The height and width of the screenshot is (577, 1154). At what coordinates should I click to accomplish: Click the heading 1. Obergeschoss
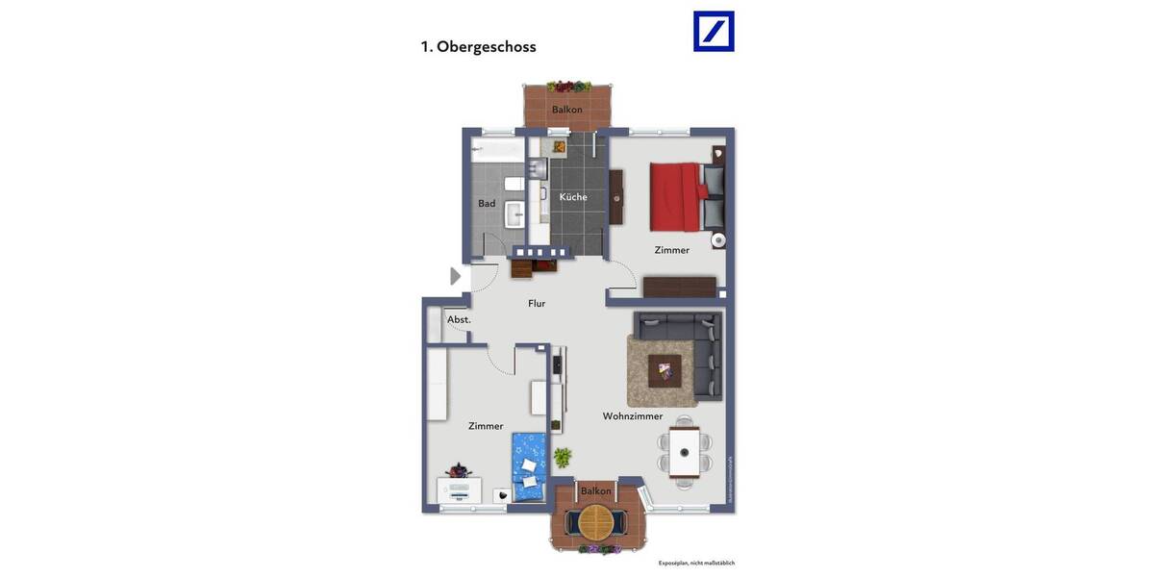tap(478, 46)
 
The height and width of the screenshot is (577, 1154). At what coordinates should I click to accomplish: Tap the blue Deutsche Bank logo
tap(714, 32)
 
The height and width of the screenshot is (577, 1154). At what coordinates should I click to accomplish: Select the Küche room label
tap(573, 197)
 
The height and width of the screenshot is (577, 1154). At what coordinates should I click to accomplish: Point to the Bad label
tap(487, 203)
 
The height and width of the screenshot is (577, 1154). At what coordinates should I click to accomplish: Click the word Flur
tap(537, 303)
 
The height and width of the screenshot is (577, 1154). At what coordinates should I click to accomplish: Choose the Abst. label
tap(459, 319)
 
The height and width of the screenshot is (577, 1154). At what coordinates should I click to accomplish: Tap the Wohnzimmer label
tap(632, 416)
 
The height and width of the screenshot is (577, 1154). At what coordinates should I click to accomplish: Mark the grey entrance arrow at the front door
tap(456, 276)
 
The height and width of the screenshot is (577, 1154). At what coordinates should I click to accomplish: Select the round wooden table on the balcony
tap(595, 522)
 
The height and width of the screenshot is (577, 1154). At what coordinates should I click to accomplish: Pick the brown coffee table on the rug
tap(665, 369)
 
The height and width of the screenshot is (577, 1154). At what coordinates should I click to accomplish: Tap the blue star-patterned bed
tap(528, 466)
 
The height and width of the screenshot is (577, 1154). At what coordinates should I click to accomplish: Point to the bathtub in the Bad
tap(497, 150)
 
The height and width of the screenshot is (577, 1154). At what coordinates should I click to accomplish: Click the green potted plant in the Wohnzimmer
tap(562, 456)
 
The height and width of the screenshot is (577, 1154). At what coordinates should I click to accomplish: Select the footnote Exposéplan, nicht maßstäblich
tap(696, 563)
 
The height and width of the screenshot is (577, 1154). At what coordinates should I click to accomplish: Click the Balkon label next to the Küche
tap(566, 110)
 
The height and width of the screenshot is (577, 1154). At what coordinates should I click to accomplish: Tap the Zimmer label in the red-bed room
tap(671, 250)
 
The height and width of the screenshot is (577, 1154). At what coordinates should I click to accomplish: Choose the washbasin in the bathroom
tap(514, 213)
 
